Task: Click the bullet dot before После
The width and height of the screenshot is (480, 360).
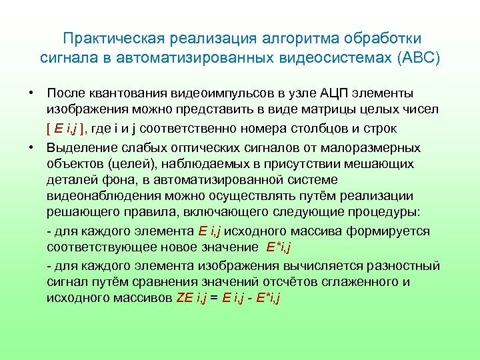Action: (31, 92)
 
